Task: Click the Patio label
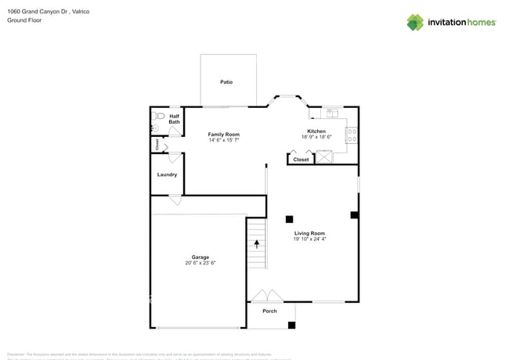[226, 82]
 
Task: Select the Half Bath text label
[174, 119]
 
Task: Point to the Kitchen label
[316, 131]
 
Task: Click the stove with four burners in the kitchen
[352, 136]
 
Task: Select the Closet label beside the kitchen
[301, 160]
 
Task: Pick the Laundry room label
[167, 175]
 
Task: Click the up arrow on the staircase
[256, 244]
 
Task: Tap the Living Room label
[309, 233]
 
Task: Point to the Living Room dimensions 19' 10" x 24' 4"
[309, 239]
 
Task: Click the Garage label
[200, 257]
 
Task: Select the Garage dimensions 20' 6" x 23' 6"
[200, 263]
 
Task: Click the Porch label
[269, 311]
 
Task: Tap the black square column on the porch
[291, 325]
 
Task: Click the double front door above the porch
[266, 296]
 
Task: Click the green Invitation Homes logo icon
[415, 22]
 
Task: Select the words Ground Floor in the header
[23, 21]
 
